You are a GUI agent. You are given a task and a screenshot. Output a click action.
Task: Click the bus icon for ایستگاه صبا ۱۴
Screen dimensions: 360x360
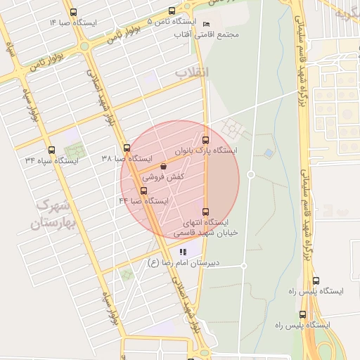coord(75,13)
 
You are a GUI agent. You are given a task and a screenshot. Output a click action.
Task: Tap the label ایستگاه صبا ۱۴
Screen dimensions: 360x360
coord(74,23)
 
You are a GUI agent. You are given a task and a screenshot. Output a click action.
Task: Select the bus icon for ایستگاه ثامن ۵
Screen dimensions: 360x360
coord(172,11)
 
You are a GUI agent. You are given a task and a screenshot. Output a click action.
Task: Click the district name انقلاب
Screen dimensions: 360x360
coord(191,72)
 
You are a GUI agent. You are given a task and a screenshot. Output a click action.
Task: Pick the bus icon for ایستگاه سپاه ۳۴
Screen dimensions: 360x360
coord(51,150)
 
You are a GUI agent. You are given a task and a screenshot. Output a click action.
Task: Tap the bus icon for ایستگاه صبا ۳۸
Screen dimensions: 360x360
coord(127,148)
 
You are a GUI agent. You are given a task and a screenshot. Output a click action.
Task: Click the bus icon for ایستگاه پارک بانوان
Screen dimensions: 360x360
coord(205,139)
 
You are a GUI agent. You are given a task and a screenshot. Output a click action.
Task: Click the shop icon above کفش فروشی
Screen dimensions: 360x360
coord(164,167)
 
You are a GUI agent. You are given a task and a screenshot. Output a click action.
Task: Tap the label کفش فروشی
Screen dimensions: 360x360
coord(164,178)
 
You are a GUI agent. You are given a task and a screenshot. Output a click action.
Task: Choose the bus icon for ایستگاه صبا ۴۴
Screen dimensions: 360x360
coord(144,191)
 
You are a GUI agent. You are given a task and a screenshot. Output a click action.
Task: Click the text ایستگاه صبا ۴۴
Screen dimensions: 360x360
coord(144,201)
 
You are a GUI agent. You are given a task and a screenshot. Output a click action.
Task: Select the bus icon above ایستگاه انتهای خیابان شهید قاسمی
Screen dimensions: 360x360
coord(205,212)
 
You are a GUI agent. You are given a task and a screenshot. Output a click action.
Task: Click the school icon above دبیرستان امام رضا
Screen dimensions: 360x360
coord(184,252)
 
